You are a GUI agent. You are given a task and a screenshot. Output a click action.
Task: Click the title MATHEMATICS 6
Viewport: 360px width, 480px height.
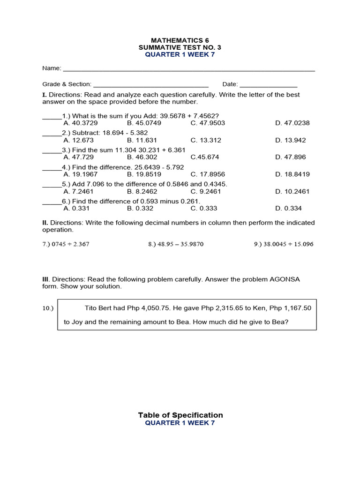tap(180, 40)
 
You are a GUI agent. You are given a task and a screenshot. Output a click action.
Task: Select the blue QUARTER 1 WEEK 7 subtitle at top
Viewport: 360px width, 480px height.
tap(180, 54)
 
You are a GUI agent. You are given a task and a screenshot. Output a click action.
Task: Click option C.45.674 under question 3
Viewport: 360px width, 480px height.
tap(205, 157)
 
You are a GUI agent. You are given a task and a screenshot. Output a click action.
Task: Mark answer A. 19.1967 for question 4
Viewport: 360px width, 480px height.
tap(81, 174)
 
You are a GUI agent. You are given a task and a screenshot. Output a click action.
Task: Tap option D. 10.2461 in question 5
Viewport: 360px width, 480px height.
tap(292, 191)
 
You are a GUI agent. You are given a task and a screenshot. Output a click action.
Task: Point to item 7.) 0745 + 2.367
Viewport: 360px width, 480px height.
tap(66, 244)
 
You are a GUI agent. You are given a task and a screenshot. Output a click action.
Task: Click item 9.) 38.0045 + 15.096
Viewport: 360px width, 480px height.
tap(280, 244)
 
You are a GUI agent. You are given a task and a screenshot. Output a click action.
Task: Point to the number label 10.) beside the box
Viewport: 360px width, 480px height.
tap(48, 308)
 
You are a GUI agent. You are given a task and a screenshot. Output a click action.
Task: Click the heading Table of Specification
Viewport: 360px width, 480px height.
tap(180, 415)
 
